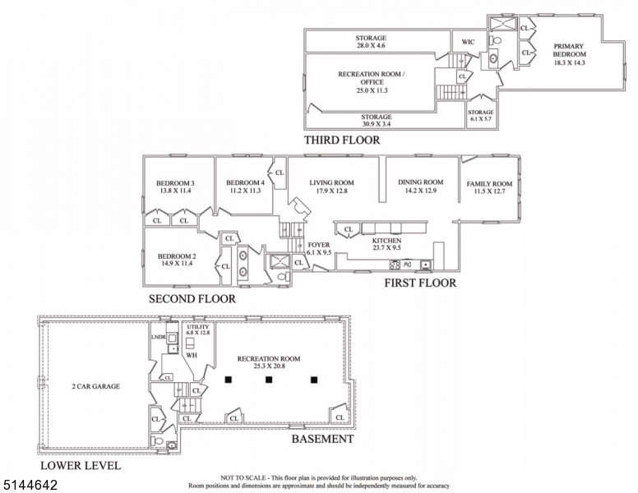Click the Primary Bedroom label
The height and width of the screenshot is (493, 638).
[569, 50]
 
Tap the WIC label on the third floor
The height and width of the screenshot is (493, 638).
[468, 42]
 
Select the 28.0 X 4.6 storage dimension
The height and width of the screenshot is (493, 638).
[371, 45]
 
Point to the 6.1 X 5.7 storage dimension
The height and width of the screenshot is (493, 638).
[480, 119]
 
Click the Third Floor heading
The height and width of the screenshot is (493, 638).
[342, 140]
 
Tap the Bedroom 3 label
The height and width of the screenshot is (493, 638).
[175, 183]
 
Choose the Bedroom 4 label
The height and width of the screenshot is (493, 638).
[245, 182]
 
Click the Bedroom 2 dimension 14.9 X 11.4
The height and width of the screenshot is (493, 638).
[177, 264]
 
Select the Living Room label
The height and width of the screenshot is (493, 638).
[331, 182]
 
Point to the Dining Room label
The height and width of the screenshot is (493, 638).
[420, 182]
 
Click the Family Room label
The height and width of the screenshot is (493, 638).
[489, 184]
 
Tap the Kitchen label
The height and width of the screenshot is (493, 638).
[386, 241]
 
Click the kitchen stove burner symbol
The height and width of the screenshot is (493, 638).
[395, 265]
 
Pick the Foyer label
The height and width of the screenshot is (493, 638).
[319, 245]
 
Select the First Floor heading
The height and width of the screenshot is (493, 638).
[420, 283]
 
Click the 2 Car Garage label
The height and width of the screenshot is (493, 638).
[95, 386]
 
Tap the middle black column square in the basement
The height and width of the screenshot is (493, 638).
[269, 380]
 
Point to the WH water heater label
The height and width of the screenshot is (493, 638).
[192, 355]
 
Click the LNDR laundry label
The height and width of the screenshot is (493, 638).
[159, 337]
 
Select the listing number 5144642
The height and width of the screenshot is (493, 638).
[30, 485]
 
